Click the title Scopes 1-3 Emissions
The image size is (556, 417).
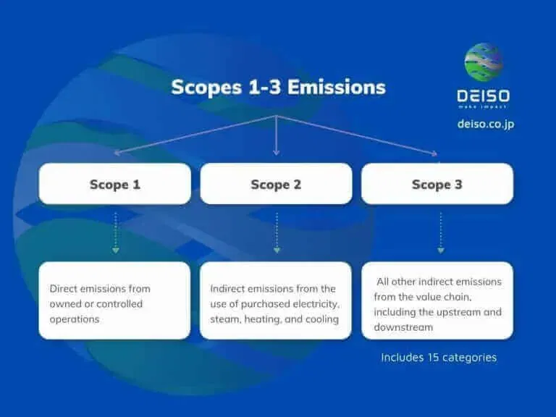[278, 88]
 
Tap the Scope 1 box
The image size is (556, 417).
[114, 184]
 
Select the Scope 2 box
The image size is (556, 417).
[276, 184]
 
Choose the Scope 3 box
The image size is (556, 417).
[437, 184]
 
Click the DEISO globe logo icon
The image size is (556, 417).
[483, 63]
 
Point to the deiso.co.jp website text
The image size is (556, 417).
[486, 124]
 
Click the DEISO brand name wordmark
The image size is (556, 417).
[483, 96]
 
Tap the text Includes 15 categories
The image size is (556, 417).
[439, 357]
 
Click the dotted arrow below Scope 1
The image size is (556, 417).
[115, 232]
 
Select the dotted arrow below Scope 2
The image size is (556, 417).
[276, 232]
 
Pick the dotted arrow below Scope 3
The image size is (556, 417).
[440, 232]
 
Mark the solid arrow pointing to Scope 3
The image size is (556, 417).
[358, 135]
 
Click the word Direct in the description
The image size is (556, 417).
[63, 288]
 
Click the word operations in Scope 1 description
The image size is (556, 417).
[74, 319]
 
